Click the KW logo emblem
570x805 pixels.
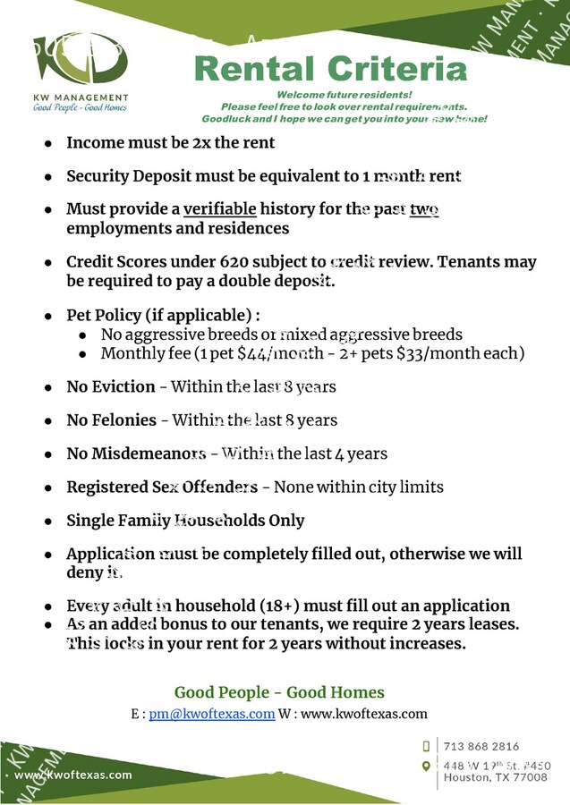[80, 61]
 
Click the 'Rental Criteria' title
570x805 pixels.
[331, 69]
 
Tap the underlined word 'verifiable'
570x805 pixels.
[220, 209]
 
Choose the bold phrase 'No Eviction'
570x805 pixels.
[111, 387]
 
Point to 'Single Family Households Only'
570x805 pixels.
[185, 521]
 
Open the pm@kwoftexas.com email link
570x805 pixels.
[212, 714]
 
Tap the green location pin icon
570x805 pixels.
[426, 766]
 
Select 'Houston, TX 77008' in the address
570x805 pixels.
[496, 777]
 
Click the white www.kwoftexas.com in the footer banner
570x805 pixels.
[73, 775]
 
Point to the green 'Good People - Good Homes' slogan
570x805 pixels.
[279, 692]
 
